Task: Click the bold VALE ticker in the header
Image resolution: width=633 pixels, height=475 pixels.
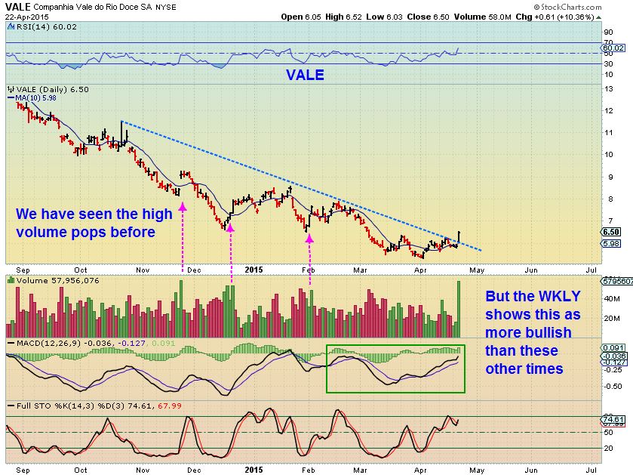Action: [16, 7]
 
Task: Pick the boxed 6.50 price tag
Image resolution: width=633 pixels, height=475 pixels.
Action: [613, 232]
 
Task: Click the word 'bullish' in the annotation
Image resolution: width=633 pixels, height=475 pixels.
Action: [529, 332]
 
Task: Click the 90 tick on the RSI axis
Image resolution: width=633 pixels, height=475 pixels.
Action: [607, 32]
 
